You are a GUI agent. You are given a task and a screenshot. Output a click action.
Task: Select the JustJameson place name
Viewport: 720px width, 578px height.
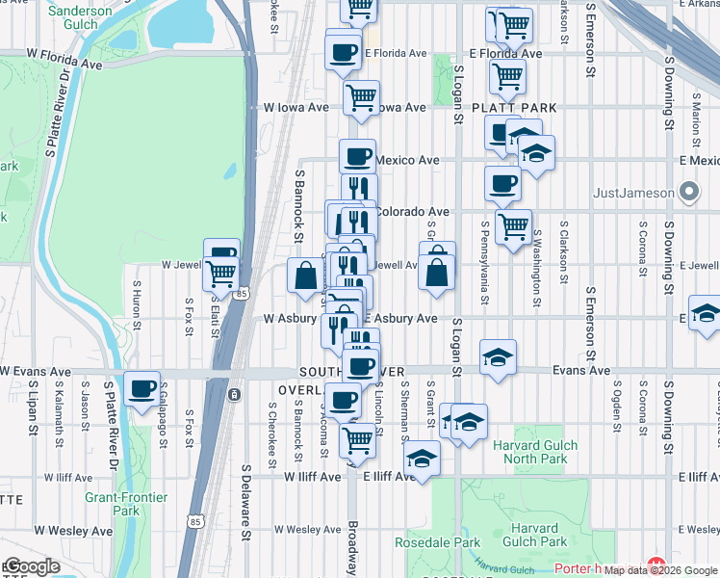(x=634, y=193)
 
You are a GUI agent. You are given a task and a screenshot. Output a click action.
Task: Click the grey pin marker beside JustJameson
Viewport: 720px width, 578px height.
(x=688, y=193)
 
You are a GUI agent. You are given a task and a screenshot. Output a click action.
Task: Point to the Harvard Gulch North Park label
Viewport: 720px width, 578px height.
(x=535, y=452)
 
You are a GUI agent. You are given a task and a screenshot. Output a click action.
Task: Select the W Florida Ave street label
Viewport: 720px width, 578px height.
(x=64, y=59)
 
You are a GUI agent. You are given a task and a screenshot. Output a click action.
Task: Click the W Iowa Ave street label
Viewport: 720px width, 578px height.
(x=296, y=108)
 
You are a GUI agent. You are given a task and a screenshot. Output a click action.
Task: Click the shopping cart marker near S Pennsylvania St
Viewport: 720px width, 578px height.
(x=513, y=225)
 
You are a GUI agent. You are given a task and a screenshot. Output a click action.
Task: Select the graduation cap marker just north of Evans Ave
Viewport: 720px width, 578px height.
(x=497, y=357)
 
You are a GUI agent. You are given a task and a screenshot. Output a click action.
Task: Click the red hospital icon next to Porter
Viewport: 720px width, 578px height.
(x=657, y=567)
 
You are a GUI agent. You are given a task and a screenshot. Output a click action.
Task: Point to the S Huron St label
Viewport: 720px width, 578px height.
(x=138, y=302)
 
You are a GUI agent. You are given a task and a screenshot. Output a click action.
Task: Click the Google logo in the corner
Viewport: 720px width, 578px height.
(x=32, y=566)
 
